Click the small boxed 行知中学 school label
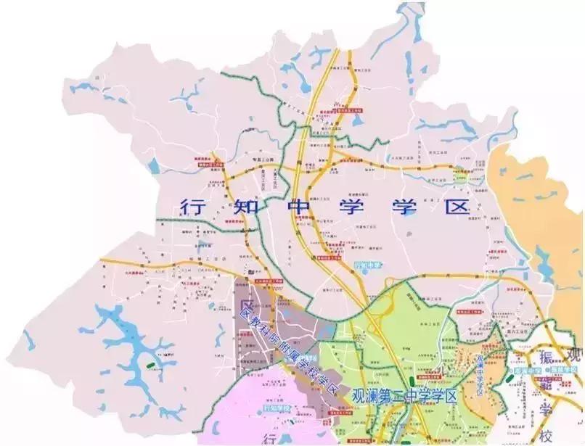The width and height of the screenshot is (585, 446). [x=367, y=265]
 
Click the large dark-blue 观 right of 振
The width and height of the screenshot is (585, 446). [x=575, y=355]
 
